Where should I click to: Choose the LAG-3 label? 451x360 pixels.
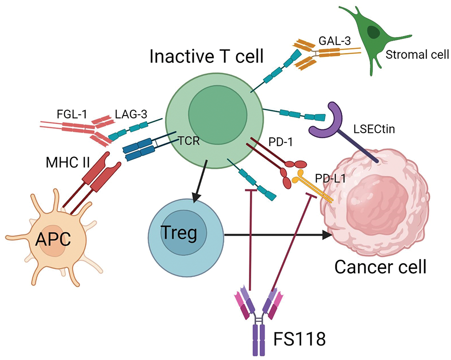(124, 114)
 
